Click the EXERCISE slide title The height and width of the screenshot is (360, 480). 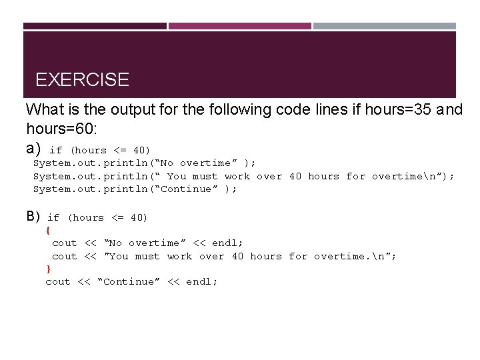82,80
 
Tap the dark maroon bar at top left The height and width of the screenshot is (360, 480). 95,26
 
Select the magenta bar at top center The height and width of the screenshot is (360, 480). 239,26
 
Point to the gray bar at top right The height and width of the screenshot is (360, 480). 385,26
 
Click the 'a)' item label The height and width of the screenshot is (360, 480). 33,148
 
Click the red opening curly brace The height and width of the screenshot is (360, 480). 47,230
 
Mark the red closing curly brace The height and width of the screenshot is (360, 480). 47,269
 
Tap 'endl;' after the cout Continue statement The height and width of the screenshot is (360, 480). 201,282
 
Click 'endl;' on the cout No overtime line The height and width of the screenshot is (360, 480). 227,243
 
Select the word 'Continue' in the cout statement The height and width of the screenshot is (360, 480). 129,282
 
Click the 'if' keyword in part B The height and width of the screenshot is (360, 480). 53,218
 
